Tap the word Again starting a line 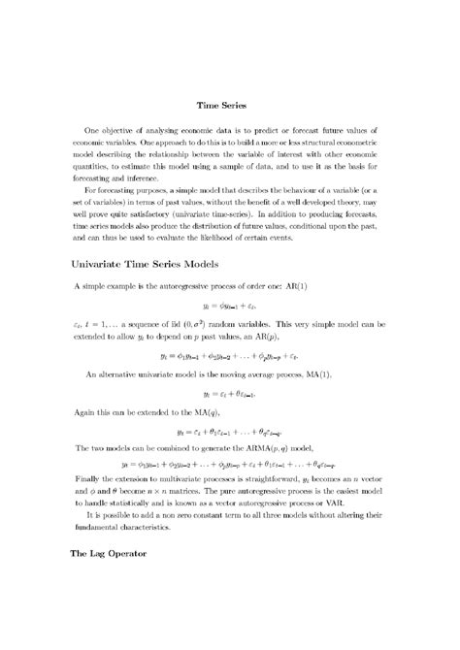[x=84, y=411]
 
